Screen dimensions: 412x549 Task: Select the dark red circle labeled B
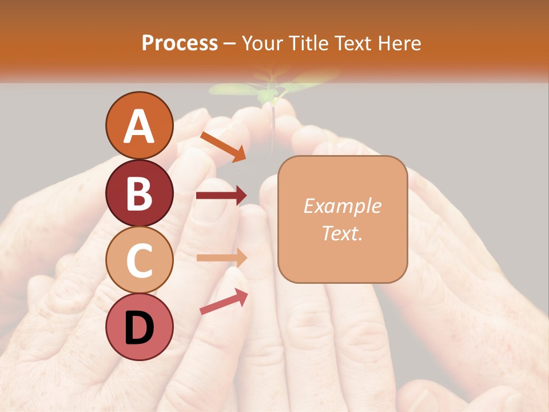pos(139,193)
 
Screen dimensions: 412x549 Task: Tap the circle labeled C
pos(139,260)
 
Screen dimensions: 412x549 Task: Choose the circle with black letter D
pos(139,327)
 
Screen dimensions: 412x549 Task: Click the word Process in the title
pos(180,43)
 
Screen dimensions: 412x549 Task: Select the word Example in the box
pos(342,206)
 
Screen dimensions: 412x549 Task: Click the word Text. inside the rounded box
pos(342,233)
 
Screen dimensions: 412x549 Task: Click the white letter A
pos(139,126)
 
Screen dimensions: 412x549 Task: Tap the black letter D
pos(139,328)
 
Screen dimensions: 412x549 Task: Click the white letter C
pos(139,260)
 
